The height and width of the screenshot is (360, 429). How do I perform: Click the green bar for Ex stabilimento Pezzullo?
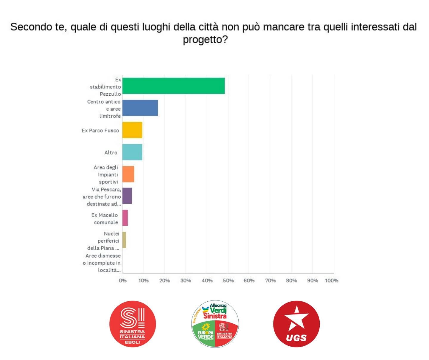pyautogui.click(x=173, y=86)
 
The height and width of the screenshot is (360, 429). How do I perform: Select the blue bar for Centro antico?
pyautogui.click(x=140, y=108)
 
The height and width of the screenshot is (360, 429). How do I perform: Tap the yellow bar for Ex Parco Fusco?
pyautogui.click(x=132, y=130)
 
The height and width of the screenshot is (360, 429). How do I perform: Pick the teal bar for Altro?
pyautogui.click(x=132, y=152)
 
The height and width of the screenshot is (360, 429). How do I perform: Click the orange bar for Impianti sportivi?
pyautogui.click(x=128, y=174)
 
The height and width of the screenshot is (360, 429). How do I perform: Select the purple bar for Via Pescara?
pyautogui.click(x=127, y=196)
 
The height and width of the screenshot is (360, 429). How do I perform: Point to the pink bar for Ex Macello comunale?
pyautogui.click(x=125, y=218)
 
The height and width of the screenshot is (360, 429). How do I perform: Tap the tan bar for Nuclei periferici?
pyautogui.click(x=124, y=240)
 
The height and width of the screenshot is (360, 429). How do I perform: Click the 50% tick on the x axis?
pyautogui.click(x=228, y=280)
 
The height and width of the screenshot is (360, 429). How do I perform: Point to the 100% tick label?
pyautogui.click(x=332, y=280)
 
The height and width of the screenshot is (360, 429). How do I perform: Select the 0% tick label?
pyautogui.click(x=122, y=280)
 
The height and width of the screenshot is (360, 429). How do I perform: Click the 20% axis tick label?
pyautogui.click(x=164, y=280)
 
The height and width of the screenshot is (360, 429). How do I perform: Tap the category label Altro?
pyautogui.click(x=111, y=152)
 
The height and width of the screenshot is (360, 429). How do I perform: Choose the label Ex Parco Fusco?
pyautogui.click(x=100, y=130)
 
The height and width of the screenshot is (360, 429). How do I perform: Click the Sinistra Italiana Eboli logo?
pyautogui.click(x=133, y=324)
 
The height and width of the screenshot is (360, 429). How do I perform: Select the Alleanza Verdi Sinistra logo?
pyautogui.click(x=215, y=324)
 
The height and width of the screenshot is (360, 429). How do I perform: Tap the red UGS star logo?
pyautogui.click(x=296, y=324)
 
